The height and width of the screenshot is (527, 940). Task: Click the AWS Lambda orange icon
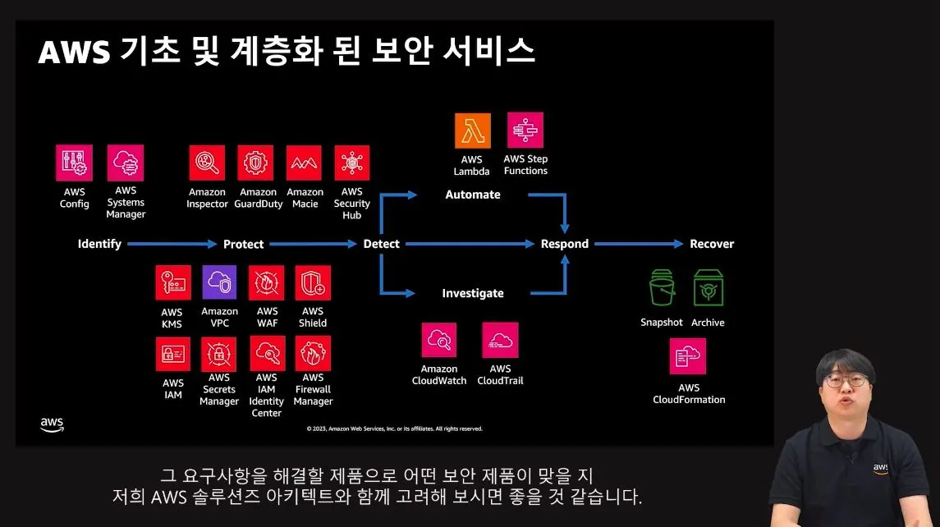(x=472, y=131)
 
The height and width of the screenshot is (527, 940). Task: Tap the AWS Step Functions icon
(x=525, y=130)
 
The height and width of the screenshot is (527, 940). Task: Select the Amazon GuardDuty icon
(x=255, y=163)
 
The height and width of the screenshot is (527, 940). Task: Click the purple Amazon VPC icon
(x=219, y=282)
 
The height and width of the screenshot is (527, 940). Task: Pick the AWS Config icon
(x=74, y=163)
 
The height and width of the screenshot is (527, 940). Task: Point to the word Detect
(x=382, y=244)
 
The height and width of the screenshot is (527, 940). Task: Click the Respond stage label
(x=565, y=244)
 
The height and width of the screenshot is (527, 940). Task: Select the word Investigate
(x=473, y=293)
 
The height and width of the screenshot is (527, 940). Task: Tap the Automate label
(x=473, y=195)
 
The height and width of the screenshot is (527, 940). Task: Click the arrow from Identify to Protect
(x=172, y=244)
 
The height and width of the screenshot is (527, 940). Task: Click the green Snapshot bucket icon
(x=662, y=289)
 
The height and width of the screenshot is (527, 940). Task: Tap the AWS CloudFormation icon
(x=688, y=356)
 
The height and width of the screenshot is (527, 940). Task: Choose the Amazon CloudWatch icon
(x=439, y=340)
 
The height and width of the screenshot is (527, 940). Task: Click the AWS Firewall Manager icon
(x=313, y=354)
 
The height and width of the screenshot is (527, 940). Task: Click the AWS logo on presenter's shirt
(x=881, y=468)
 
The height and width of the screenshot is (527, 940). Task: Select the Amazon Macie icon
(x=305, y=163)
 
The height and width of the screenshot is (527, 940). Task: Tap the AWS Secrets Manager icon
(x=219, y=354)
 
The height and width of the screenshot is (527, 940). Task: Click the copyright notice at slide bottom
(x=395, y=428)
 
